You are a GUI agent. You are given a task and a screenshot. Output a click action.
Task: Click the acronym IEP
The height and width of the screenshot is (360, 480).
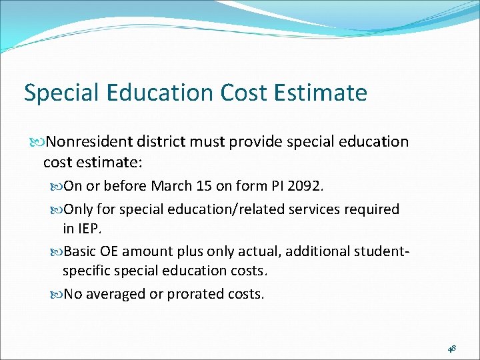pyautogui.click(x=91, y=228)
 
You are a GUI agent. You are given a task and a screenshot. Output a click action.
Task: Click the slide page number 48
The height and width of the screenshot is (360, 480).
pyautogui.click(x=452, y=348)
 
